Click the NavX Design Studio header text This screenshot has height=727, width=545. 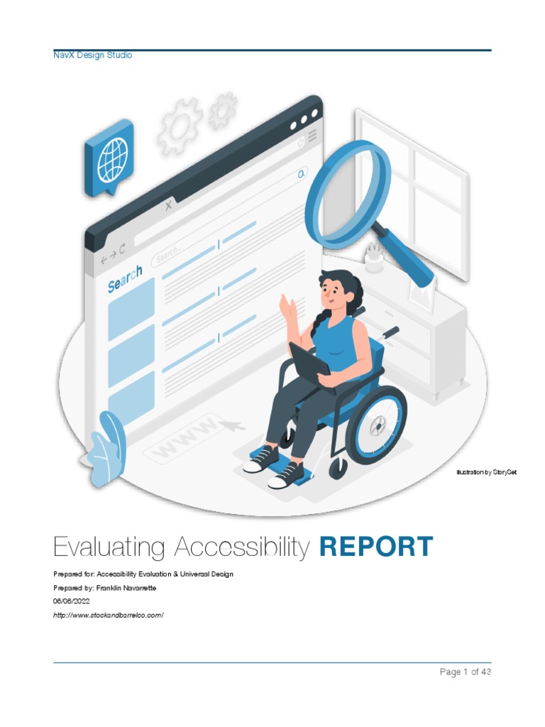click(92, 55)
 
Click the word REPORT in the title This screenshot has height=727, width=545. click(376, 547)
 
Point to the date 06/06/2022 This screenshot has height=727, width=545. click(72, 601)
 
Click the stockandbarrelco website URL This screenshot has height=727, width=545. click(109, 614)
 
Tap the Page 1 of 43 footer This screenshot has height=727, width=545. click(465, 672)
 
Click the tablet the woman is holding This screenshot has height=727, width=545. click(309, 359)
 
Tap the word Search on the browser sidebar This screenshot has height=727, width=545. click(125, 278)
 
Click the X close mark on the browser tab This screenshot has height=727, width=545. click(168, 206)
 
